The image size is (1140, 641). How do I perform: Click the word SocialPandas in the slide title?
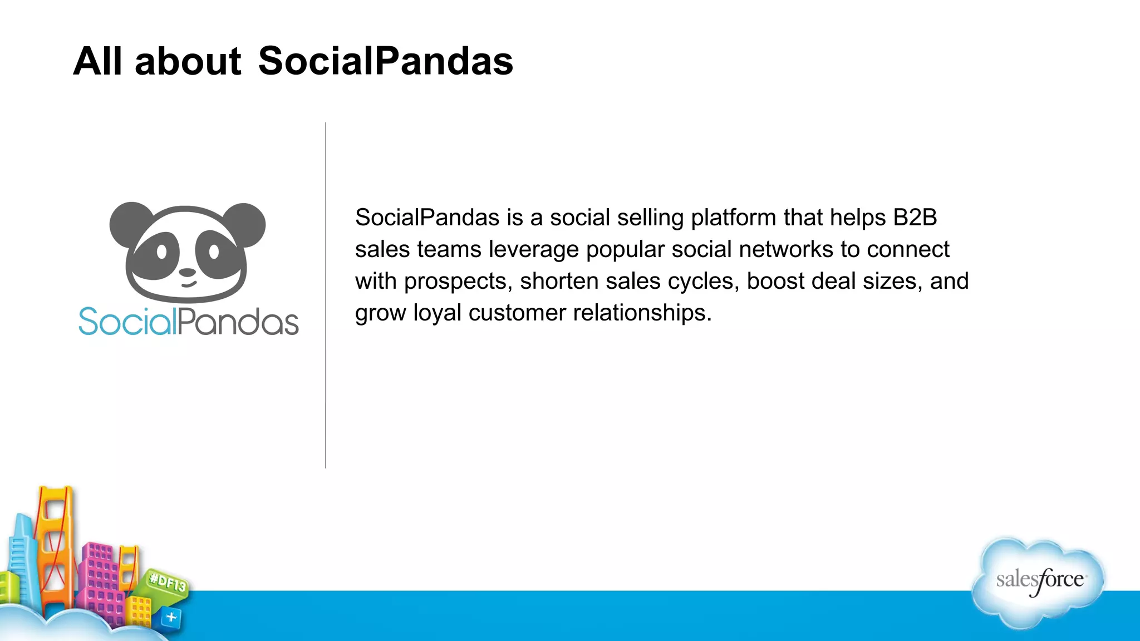coord(385,61)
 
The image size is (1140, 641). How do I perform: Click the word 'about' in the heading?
coord(188,61)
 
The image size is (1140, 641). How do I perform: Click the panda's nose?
coord(187,273)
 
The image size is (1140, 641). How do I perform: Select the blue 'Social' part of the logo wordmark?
coord(127,322)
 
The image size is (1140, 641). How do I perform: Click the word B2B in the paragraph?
coord(915,218)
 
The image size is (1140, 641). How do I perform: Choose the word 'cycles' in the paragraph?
coord(702,282)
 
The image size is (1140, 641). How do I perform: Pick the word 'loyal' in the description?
coord(437,313)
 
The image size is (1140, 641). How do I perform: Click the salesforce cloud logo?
coord(1039,581)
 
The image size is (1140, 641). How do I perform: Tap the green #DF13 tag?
coord(167,583)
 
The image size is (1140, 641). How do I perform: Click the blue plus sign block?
coord(171,617)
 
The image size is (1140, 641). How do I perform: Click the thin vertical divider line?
coord(326,295)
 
